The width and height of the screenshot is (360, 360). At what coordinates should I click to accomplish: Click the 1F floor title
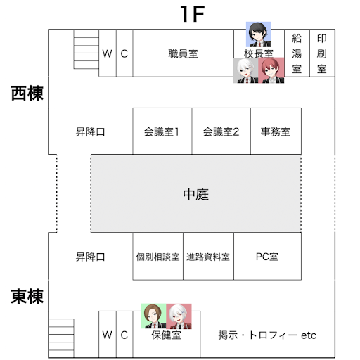click(193, 14)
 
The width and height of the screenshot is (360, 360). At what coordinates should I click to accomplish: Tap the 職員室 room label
click(183, 53)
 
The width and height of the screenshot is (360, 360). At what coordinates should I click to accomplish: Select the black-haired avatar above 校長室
click(259, 34)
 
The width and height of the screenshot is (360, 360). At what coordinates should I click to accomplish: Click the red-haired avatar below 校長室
click(271, 70)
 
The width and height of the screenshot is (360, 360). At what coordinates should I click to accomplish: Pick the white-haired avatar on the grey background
click(246, 70)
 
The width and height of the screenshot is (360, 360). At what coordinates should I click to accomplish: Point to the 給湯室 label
click(297, 53)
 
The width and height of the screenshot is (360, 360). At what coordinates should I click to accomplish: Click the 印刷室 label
click(322, 53)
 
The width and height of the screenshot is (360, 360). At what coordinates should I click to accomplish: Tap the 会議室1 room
click(162, 131)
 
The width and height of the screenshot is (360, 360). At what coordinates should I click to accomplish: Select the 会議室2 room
click(221, 131)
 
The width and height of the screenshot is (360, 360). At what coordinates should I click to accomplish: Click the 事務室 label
click(276, 131)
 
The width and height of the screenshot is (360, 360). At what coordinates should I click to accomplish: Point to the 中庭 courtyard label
click(196, 194)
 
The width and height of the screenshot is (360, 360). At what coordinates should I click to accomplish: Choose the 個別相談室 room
click(158, 257)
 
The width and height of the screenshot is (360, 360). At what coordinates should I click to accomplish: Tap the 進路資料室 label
click(208, 257)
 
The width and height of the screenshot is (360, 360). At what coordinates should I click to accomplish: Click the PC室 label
click(267, 257)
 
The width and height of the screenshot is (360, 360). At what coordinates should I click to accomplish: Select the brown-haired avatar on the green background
click(153, 316)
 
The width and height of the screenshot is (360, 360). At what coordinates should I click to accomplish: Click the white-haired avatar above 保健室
click(179, 316)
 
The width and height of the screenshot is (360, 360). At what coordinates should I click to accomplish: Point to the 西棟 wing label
click(27, 93)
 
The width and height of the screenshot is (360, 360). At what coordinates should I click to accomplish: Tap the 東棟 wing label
click(27, 297)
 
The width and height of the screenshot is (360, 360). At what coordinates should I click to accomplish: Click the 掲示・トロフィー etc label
click(267, 335)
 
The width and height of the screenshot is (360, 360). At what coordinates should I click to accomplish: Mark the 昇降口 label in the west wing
click(90, 131)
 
